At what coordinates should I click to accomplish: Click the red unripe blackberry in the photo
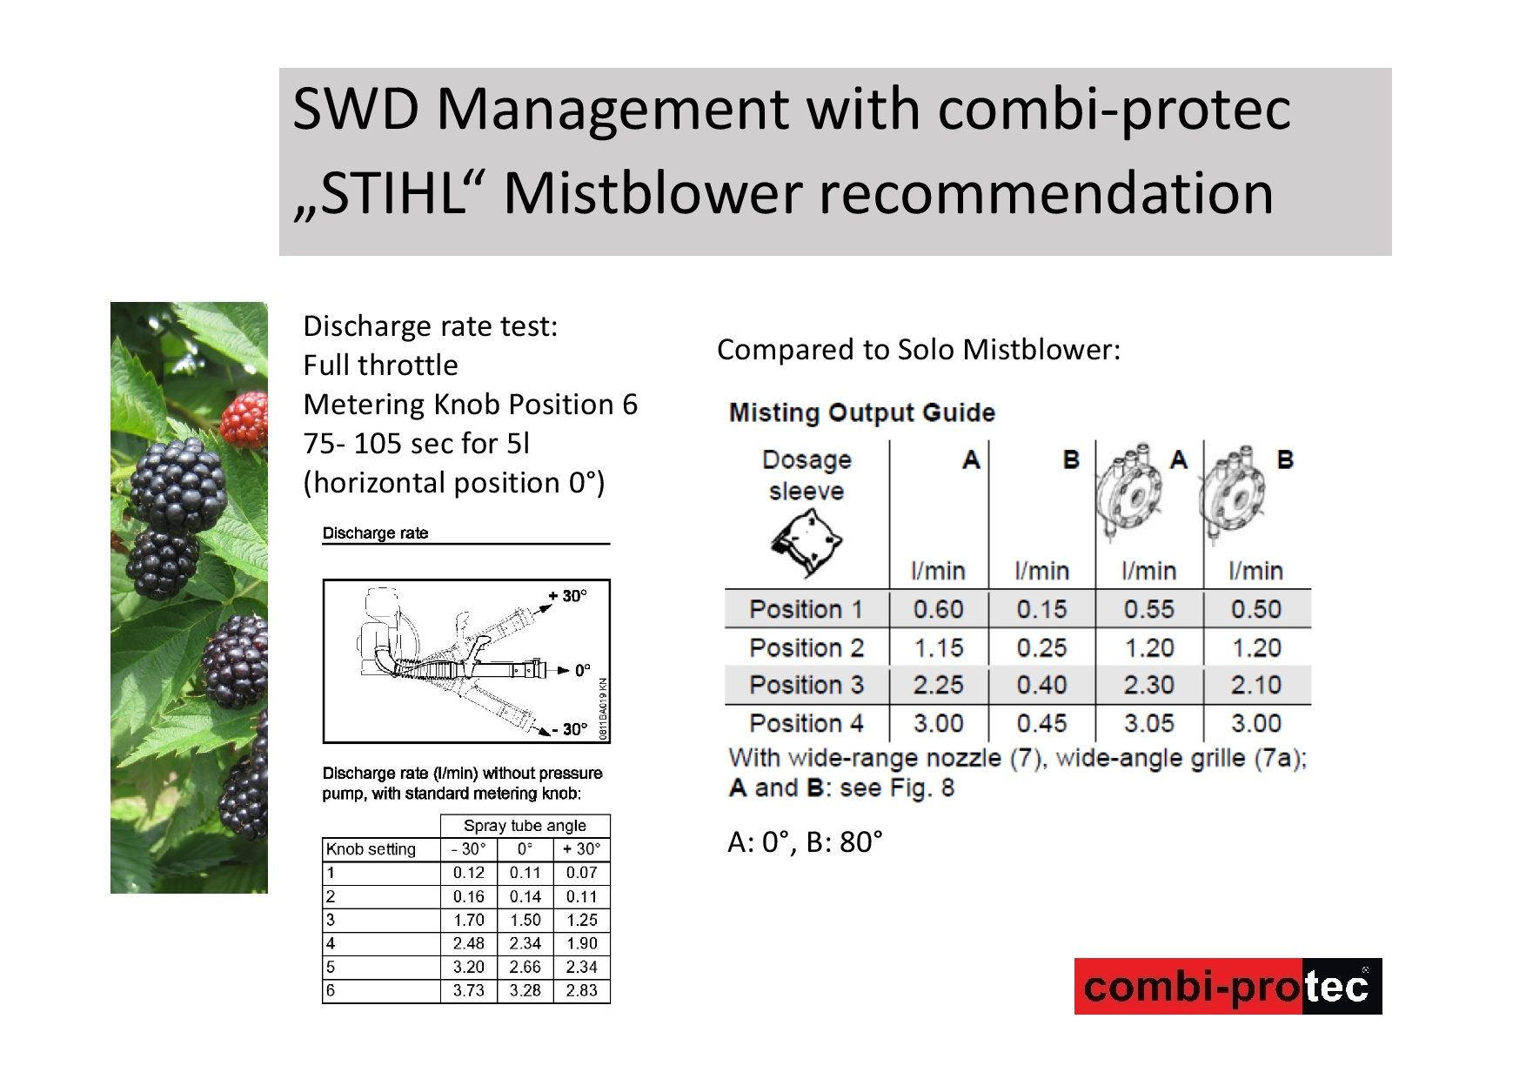[244, 419]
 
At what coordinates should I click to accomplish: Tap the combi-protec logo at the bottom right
[1228, 987]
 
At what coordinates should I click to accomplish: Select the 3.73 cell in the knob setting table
[468, 990]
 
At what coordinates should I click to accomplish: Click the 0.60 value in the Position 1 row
[938, 609]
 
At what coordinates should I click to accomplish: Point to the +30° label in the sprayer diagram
[568, 596]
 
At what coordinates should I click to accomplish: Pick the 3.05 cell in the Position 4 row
[1148, 723]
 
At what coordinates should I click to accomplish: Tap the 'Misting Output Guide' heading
[861, 412]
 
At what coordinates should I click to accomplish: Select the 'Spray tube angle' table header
[525, 825]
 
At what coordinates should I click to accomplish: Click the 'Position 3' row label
[806, 685]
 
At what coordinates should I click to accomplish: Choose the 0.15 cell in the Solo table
[1041, 609]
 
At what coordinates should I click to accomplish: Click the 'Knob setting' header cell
[371, 849]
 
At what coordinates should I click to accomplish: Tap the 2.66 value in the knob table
[525, 967]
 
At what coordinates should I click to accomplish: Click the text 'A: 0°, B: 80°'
[805, 842]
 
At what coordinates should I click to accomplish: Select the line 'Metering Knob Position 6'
[470, 405]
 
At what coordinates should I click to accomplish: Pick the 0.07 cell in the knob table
[581, 873]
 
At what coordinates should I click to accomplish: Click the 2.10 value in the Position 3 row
[1255, 685]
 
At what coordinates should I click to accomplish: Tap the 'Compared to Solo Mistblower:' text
[919, 350]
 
